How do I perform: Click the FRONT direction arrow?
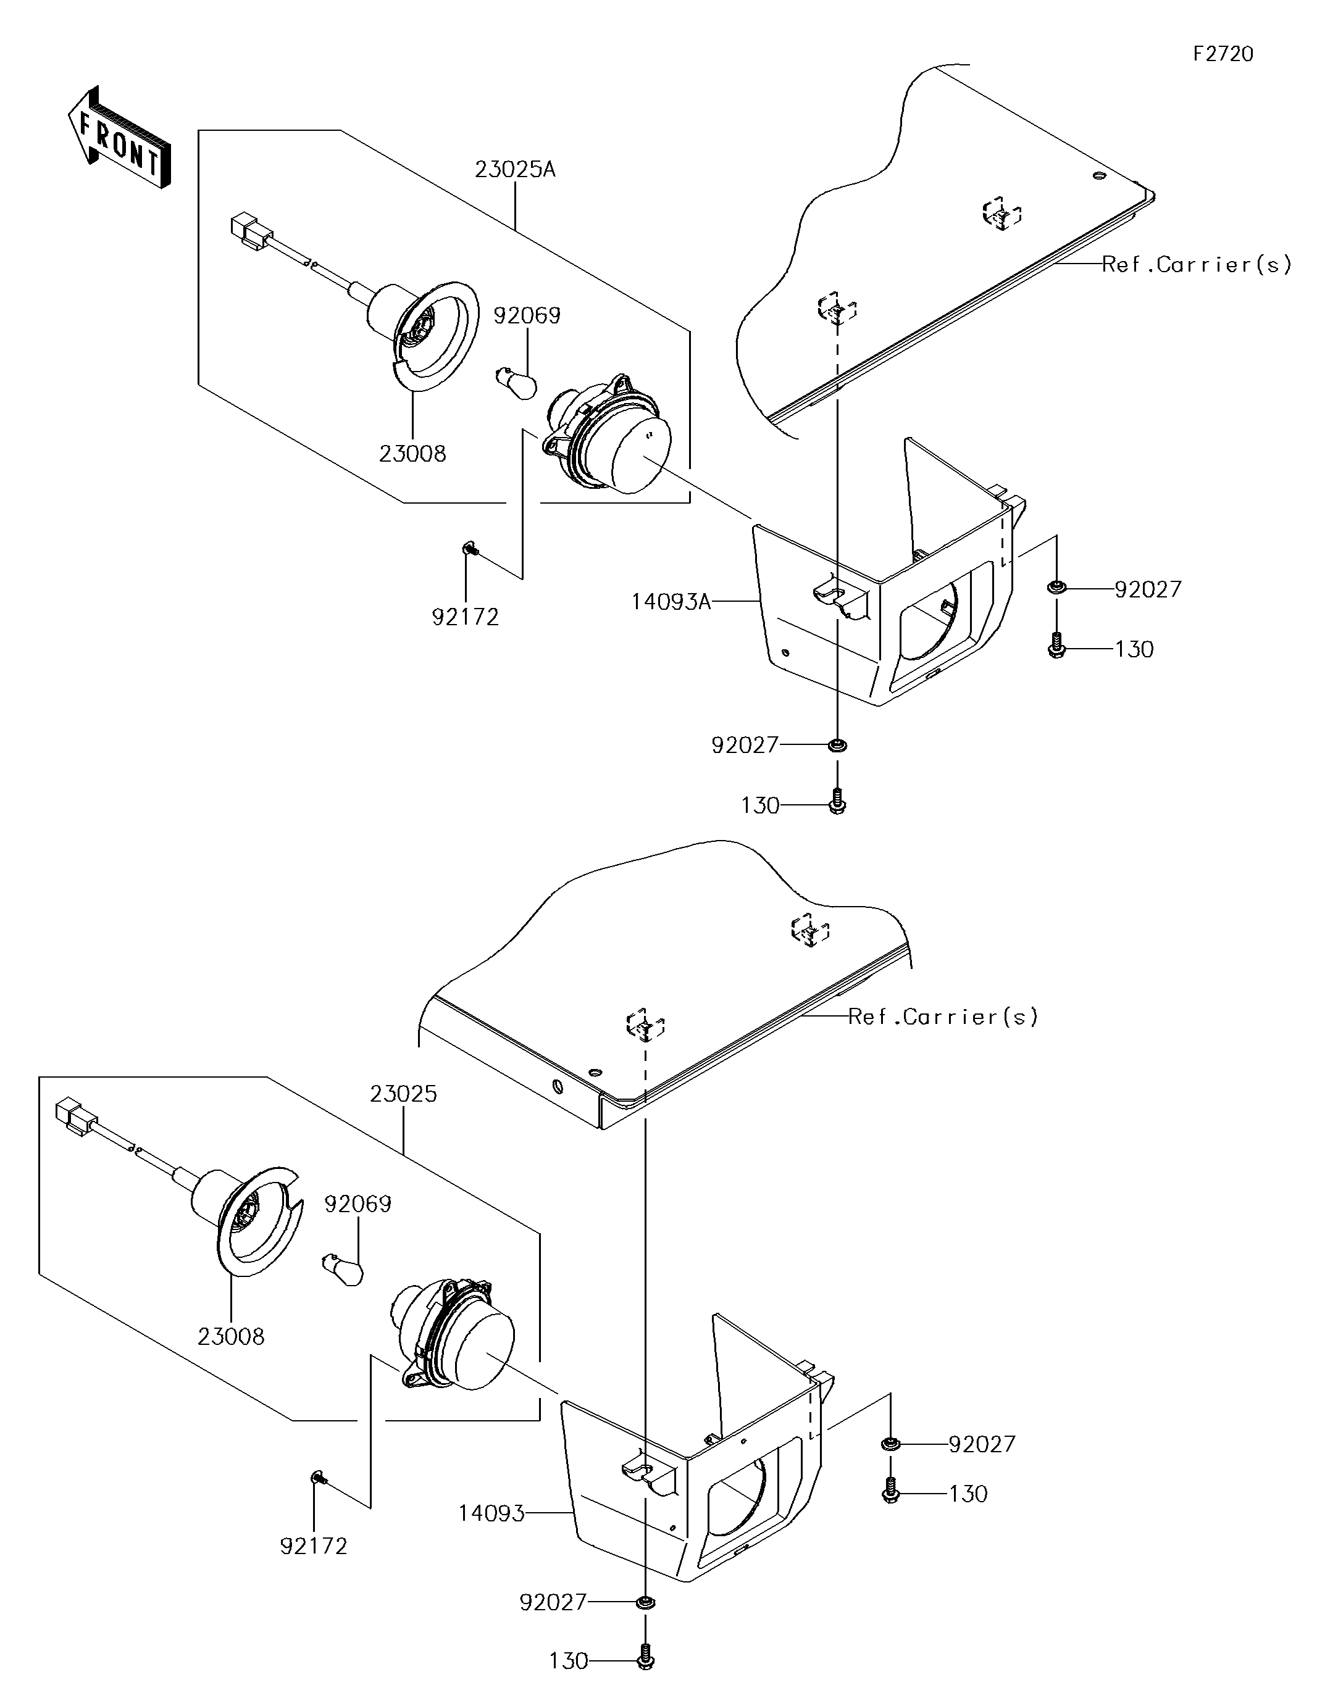(x=119, y=138)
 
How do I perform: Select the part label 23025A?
(x=515, y=169)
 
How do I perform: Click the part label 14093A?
(x=671, y=601)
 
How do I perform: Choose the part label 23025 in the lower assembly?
(x=404, y=1094)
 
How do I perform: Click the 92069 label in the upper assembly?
(x=527, y=315)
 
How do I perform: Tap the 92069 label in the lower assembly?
(x=357, y=1204)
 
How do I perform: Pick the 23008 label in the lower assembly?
(x=232, y=1336)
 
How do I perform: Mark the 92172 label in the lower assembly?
(x=313, y=1562)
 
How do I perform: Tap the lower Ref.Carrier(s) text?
(x=943, y=1017)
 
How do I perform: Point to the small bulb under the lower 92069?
(x=344, y=1270)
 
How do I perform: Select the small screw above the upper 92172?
(x=469, y=550)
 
